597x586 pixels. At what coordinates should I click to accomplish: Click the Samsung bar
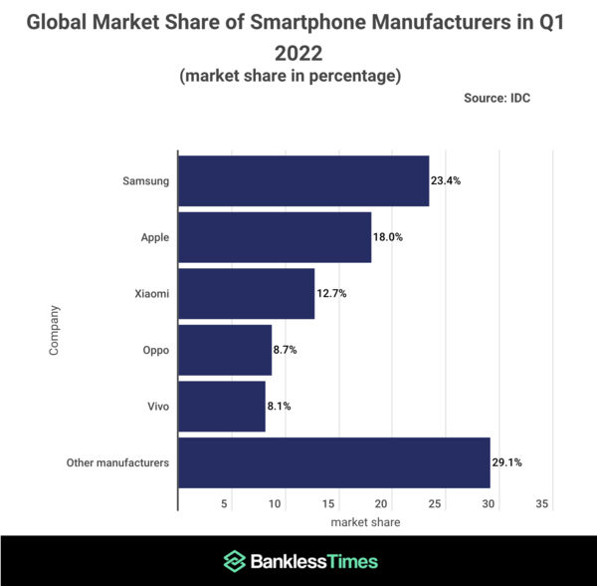303,180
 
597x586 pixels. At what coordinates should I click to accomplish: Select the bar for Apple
275,237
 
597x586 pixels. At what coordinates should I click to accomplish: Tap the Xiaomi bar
246,293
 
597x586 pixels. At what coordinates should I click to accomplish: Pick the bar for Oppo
225,350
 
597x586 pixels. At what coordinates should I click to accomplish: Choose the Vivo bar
222,406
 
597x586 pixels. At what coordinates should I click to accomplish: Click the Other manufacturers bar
333,462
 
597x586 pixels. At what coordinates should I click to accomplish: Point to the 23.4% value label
446,181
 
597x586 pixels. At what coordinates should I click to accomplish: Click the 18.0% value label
388,237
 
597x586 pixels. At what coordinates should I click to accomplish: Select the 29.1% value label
506,462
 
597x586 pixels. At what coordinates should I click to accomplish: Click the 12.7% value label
331,294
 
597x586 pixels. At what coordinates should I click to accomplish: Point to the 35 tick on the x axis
542,504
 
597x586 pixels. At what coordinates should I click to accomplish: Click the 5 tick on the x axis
226,504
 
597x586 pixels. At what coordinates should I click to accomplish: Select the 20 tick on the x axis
384,504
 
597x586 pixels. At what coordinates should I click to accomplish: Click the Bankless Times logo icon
234,561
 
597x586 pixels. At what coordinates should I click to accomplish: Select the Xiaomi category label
150,294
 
